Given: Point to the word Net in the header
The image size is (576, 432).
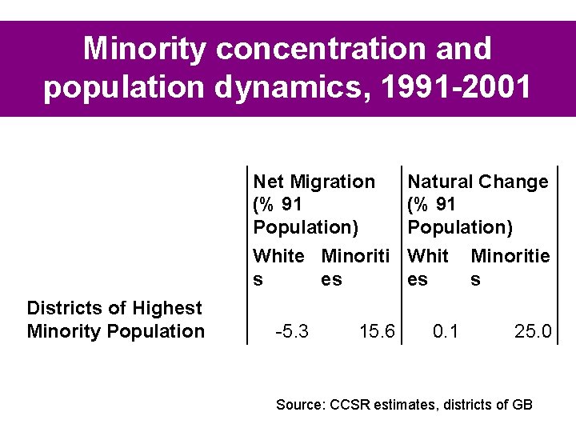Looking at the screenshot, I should click(x=268, y=182).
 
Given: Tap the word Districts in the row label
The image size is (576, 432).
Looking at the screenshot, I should click(x=58, y=308).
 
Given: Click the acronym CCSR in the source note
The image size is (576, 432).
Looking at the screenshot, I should click(x=350, y=405).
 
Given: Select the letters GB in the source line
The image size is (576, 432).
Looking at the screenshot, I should click(x=522, y=405).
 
